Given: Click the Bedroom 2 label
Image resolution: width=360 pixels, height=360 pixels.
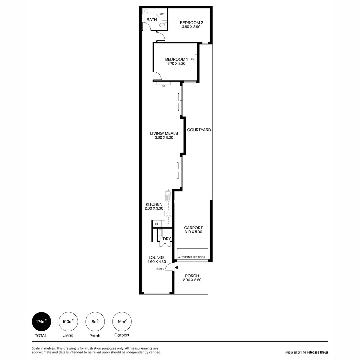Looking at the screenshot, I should tap(191, 23).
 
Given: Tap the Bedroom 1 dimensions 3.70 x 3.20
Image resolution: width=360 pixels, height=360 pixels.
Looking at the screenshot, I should tap(176, 63).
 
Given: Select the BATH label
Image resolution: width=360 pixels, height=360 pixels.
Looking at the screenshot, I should tap(152, 20).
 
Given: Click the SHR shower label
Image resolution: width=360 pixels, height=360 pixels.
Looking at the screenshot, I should tap(162, 14).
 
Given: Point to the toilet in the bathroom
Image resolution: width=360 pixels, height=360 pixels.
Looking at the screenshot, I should tap(162, 25).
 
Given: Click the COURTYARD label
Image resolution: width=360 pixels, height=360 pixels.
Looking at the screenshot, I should tap(199, 130).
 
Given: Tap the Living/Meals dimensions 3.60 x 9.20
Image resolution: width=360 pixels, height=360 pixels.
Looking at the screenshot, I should tap(164, 137).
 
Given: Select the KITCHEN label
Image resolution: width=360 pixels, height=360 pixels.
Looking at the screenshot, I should tap(154, 204).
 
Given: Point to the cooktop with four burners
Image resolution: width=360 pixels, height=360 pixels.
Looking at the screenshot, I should tap(168, 213).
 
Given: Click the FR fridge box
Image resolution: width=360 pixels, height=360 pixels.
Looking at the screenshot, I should tap(157, 224).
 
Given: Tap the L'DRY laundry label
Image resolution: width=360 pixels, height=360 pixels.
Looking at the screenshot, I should tap(166, 239).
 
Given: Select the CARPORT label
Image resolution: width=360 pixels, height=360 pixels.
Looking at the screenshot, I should tap(193, 228).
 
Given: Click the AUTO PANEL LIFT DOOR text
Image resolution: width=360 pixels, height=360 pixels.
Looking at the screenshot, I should tap(192, 257).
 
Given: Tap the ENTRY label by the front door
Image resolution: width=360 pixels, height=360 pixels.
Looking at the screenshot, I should tap(160, 269).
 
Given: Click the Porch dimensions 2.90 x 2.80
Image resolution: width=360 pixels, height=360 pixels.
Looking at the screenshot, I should tap(191, 280).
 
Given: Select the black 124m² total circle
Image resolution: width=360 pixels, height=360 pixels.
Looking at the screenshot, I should tap(41, 322).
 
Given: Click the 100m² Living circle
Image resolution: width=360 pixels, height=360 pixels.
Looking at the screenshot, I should tap(68, 322).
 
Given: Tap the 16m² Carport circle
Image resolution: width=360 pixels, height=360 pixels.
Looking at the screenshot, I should tap(122, 322).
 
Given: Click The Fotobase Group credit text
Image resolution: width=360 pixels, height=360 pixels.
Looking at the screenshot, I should tap(314, 352).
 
